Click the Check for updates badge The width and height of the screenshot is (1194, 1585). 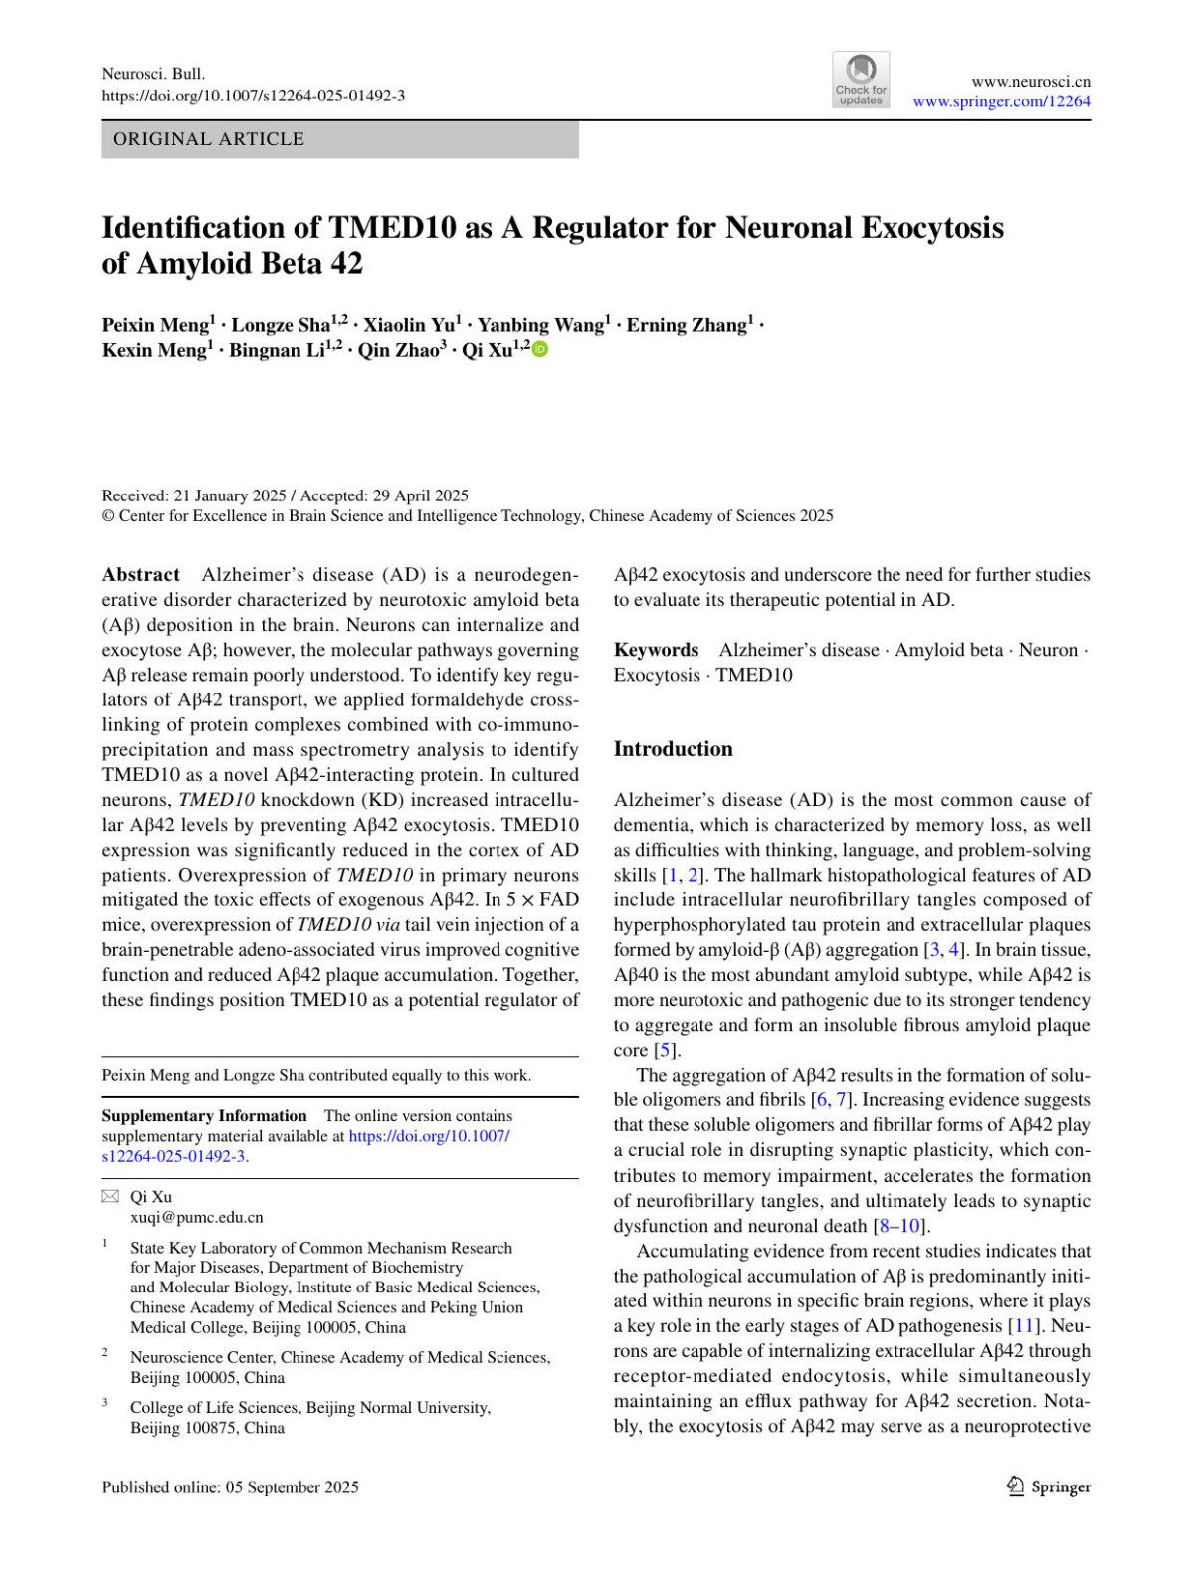[861, 81]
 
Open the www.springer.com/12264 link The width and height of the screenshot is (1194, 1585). [1001, 101]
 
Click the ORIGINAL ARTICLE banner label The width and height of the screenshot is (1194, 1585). [209, 139]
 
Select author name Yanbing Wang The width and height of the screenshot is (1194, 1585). [541, 325]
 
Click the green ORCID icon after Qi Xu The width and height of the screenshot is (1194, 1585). [540, 350]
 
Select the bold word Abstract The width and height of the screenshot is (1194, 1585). [140, 575]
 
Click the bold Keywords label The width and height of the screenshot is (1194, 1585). [656, 650]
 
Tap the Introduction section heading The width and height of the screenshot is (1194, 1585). [673, 749]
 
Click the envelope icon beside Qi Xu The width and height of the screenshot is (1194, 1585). [110, 1196]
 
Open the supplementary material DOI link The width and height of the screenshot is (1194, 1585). [429, 1136]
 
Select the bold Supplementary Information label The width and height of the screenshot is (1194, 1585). [204, 1116]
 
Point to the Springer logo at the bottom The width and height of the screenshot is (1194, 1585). [1049, 1486]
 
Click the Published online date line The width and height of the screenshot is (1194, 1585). [230, 1487]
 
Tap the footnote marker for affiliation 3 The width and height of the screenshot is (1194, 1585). [105, 1403]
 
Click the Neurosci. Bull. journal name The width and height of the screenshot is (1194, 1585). [153, 74]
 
